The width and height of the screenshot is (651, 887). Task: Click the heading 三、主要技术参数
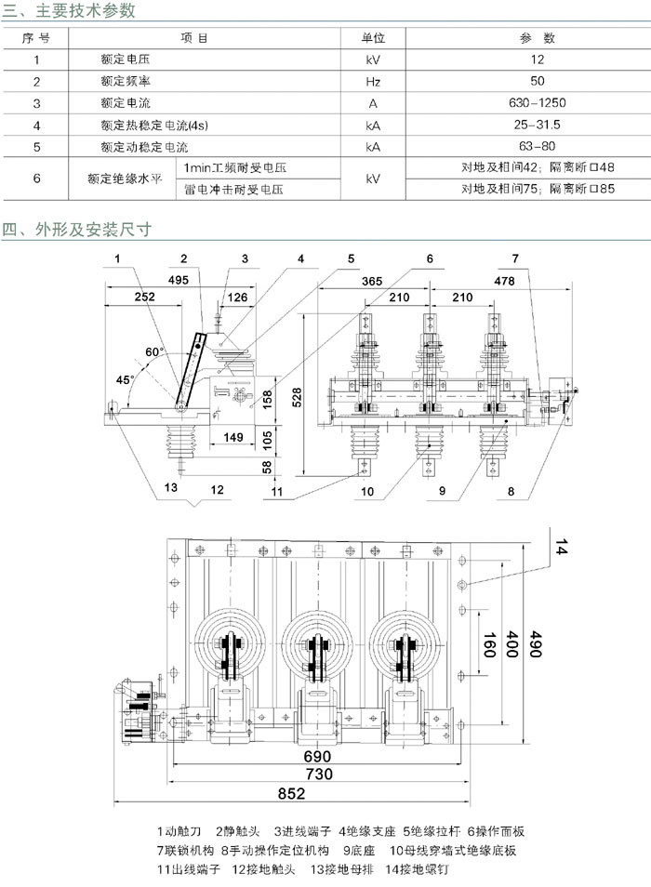click(70, 10)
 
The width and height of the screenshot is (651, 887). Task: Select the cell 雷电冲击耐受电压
click(233, 190)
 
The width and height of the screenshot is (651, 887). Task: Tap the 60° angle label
click(154, 353)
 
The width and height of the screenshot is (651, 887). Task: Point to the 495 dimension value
click(179, 279)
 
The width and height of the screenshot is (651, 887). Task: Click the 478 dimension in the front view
click(504, 279)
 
